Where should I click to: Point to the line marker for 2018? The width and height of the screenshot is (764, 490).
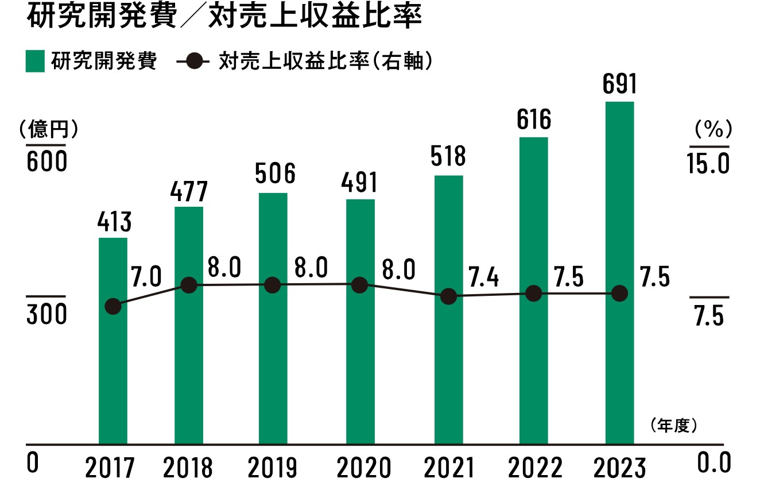(x=189, y=285)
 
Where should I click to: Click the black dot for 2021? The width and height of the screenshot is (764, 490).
(x=449, y=296)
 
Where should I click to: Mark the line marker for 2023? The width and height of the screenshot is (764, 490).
(x=619, y=294)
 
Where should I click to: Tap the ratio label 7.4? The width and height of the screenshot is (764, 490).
(x=482, y=279)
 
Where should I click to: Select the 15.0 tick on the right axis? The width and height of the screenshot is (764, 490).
(x=708, y=165)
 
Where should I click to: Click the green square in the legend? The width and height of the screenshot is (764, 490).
(x=35, y=61)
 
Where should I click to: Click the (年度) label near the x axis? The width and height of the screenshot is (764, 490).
(x=674, y=426)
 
